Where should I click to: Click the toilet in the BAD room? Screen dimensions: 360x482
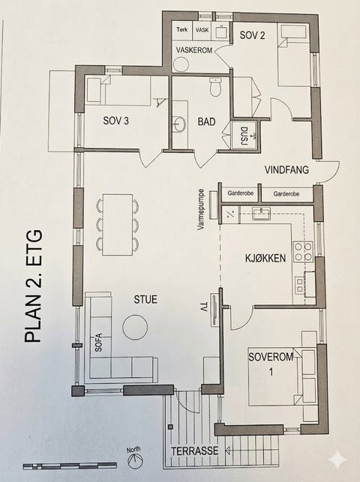(x=215, y=87)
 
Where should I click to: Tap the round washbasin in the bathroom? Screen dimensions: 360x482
(x=179, y=124)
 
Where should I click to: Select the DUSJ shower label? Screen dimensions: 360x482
(x=244, y=136)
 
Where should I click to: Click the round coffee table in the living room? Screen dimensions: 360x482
(x=135, y=327)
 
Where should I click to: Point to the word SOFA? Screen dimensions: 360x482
(x=98, y=343)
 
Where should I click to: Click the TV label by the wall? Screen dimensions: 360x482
(x=204, y=308)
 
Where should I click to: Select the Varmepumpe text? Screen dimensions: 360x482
(x=201, y=210)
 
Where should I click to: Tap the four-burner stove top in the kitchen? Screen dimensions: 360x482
(x=303, y=252)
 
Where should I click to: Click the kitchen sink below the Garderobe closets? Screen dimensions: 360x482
(x=261, y=214)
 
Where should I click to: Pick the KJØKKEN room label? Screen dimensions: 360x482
(x=265, y=258)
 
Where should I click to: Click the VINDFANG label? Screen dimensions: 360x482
(x=286, y=169)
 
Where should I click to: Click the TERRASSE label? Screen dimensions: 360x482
(x=194, y=451)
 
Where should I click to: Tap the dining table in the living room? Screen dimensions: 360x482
(x=118, y=224)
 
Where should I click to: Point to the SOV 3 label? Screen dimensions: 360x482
(x=116, y=121)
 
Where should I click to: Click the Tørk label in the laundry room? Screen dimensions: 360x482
(x=182, y=29)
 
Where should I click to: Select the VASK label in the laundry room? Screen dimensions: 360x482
(x=202, y=30)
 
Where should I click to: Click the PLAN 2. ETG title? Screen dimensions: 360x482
(x=33, y=286)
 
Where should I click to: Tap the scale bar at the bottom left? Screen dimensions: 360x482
(x=70, y=466)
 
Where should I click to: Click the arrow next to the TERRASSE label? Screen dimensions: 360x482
(x=229, y=451)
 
